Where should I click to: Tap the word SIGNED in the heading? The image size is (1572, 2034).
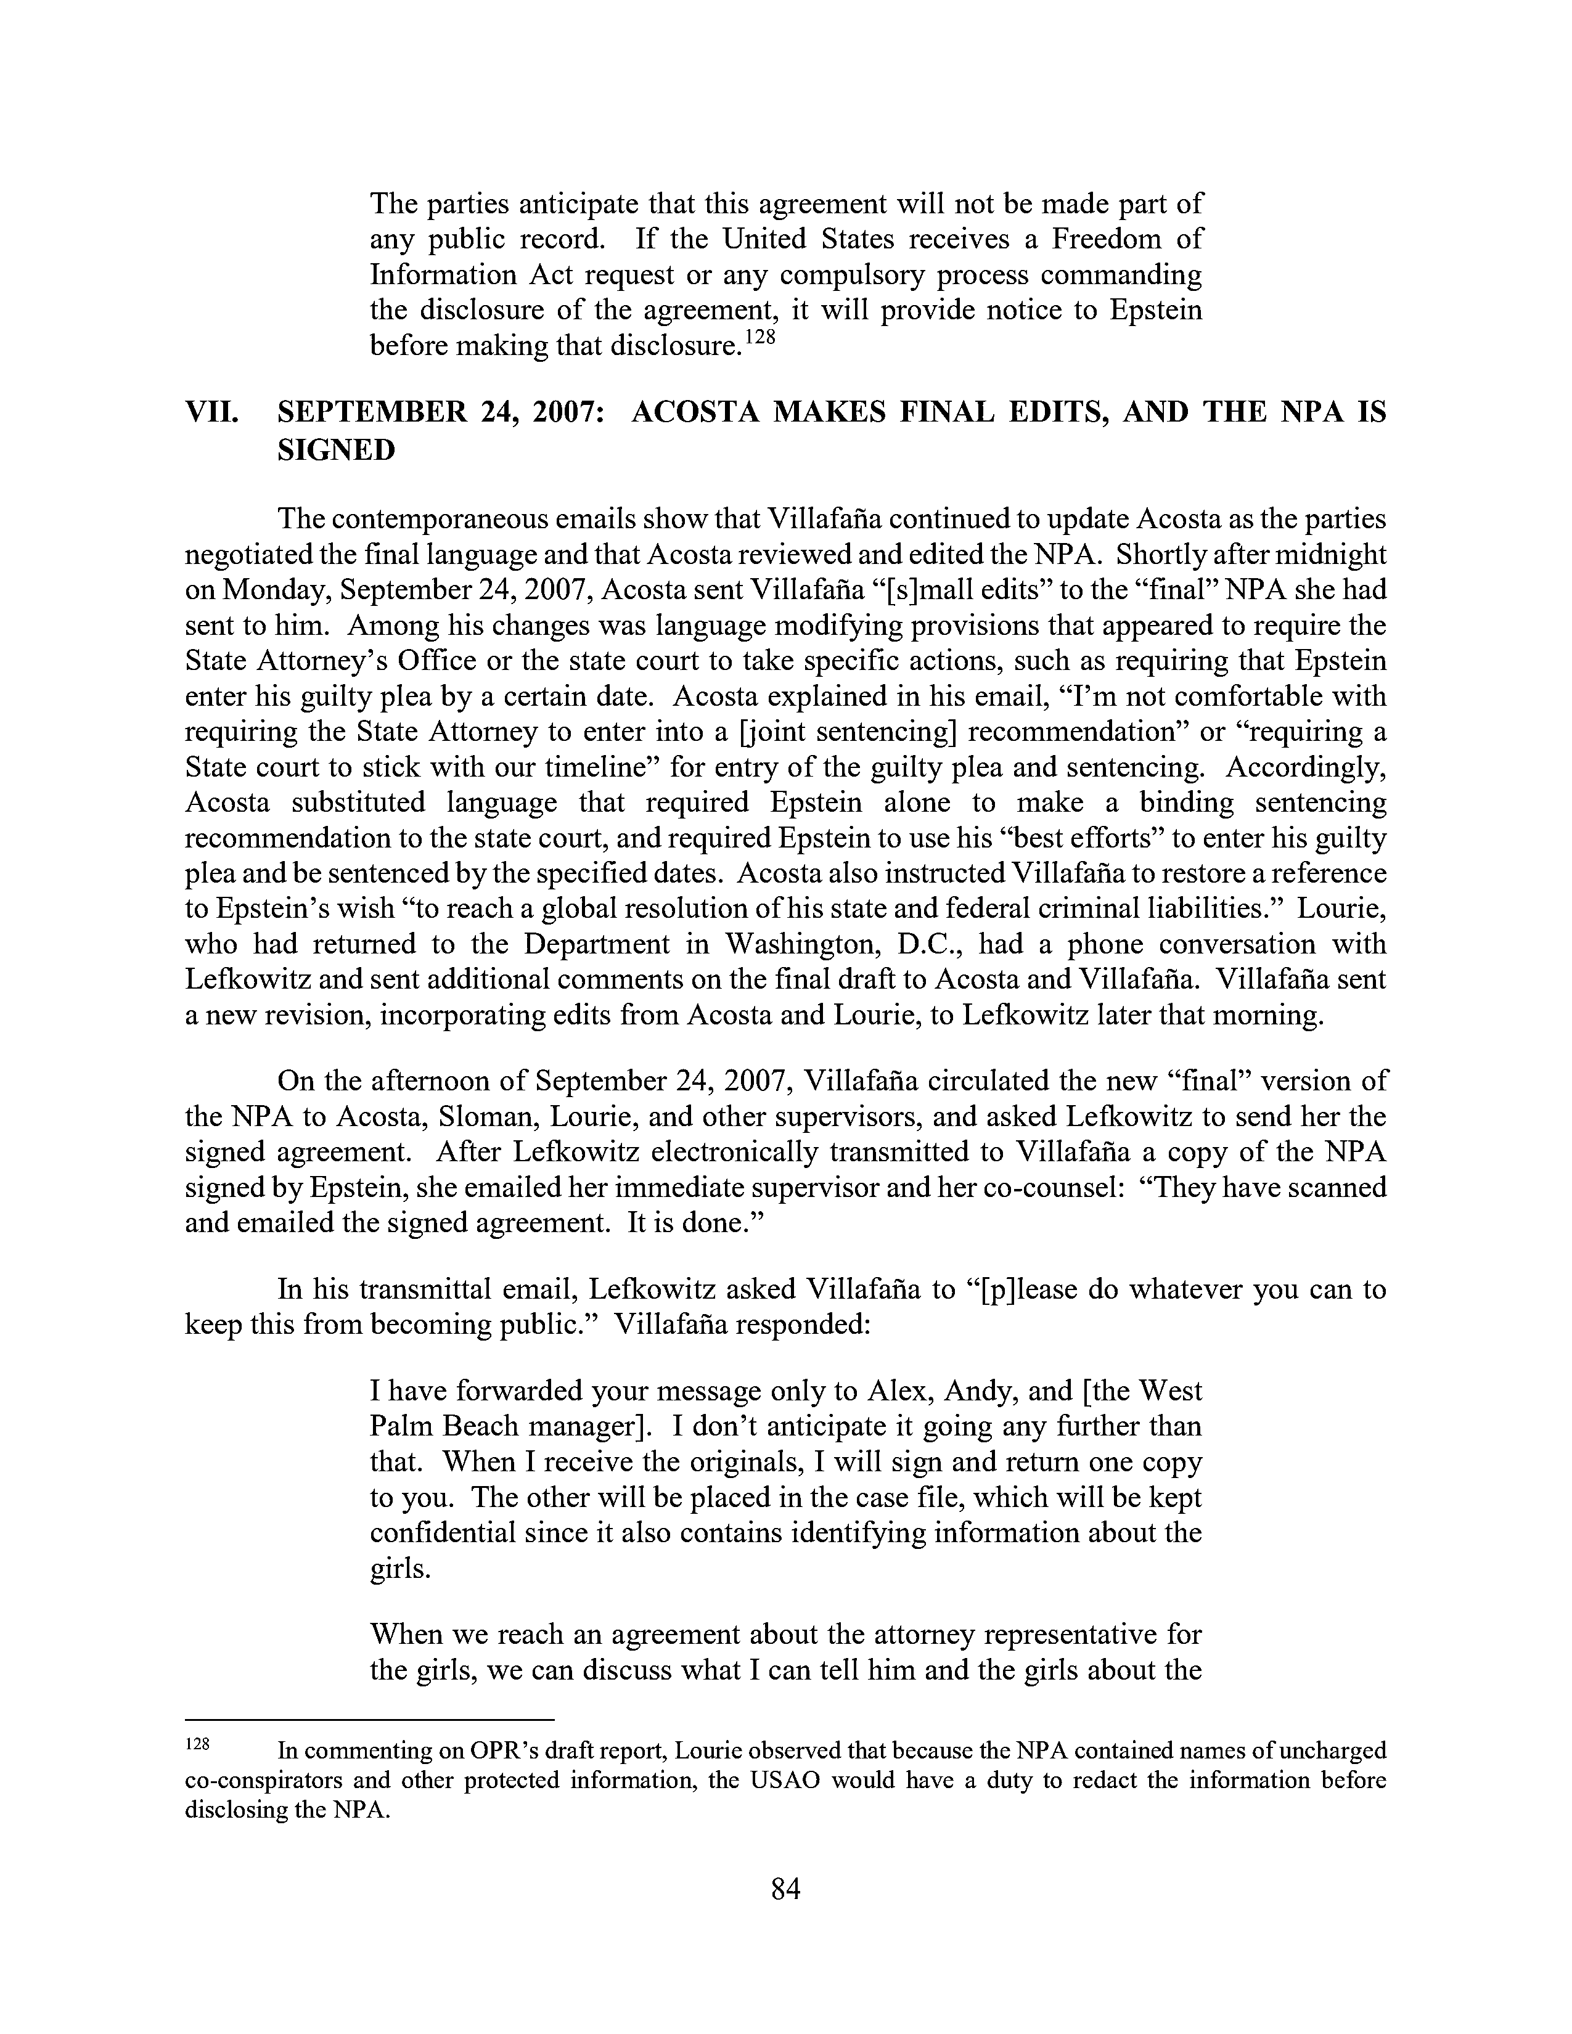(x=336, y=451)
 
